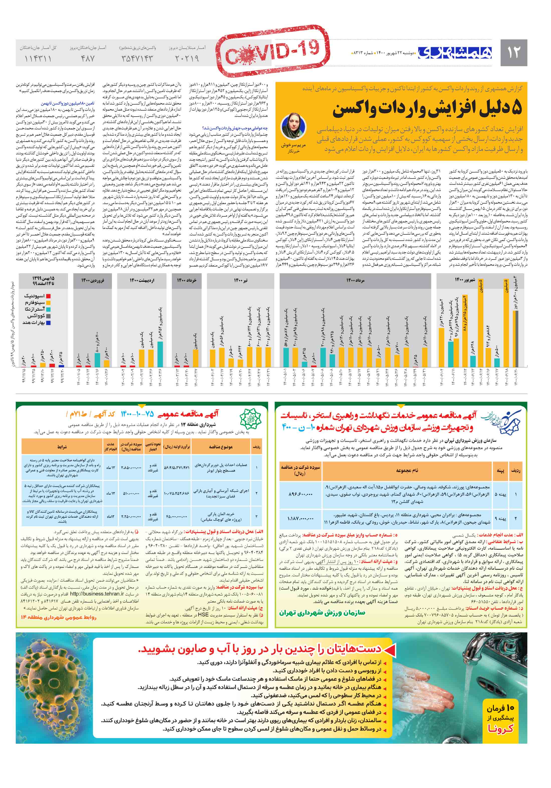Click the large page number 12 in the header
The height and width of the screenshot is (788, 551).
513,52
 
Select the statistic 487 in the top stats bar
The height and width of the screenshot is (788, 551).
87,59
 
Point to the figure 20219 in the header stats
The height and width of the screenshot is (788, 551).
187,59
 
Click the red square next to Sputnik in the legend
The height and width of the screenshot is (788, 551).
48,296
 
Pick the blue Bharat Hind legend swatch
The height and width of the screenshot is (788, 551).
48,323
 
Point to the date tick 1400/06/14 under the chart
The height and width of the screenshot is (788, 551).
482,377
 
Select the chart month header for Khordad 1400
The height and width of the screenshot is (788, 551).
187,280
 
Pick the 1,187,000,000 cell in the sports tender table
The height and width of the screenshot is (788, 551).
300,518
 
